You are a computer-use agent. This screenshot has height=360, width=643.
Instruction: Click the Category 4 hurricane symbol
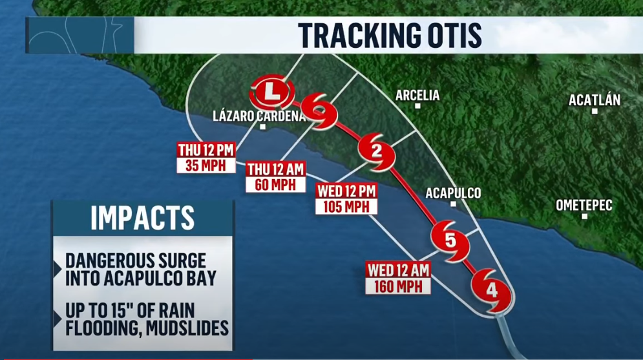click(x=492, y=291)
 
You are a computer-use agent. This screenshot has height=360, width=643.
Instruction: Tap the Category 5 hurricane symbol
click(x=450, y=240)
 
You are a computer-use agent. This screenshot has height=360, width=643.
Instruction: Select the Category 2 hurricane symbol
click(x=377, y=152)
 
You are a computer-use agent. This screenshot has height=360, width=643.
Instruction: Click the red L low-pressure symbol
click(x=271, y=92)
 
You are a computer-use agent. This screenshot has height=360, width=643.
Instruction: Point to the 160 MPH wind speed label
click(x=398, y=286)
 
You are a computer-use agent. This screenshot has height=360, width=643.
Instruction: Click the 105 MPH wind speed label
click(x=346, y=207)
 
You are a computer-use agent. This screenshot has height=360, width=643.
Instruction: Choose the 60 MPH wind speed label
click(x=275, y=184)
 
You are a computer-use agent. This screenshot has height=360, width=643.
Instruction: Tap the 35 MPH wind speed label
click(x=206, y=165)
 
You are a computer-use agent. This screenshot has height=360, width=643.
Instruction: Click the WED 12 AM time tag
click(x=398, y=271)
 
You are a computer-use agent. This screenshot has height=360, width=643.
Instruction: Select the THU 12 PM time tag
click(x=206, y=150)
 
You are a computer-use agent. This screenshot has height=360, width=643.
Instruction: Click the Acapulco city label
click(x=453, y=193)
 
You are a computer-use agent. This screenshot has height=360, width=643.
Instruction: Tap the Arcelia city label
click(x=417, y=96)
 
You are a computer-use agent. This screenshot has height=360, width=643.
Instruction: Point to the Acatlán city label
click(x=595, y=100)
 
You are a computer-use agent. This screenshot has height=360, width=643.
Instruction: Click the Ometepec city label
click(x=584, y=205)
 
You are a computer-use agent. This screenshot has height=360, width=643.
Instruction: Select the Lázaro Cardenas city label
click(x=259, y=116)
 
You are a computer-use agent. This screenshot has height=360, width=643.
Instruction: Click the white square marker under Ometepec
click(x=584, y=216)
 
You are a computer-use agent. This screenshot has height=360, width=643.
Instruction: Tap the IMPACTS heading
click(x=142, y=218)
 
